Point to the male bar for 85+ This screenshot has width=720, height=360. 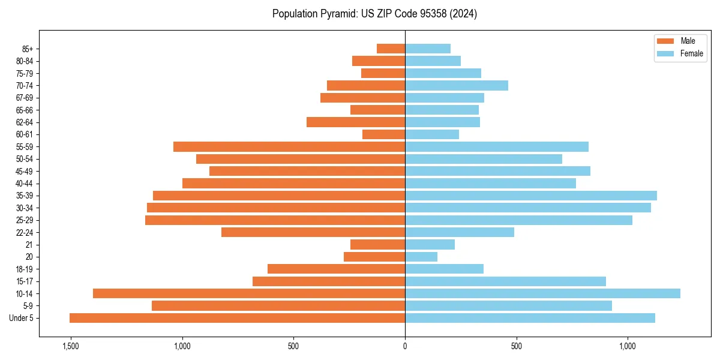point(391,49)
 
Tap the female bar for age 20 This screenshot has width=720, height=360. point(421,257)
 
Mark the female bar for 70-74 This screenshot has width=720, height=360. point(457,85)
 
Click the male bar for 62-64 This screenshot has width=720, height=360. point(356,122)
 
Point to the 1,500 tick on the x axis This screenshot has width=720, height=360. point(70,346)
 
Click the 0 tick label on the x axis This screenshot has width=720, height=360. point(405,346)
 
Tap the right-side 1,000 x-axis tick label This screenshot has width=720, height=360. point(628,346)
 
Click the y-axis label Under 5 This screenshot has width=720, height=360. point(21,318)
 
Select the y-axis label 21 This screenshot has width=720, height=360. point(29,245)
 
